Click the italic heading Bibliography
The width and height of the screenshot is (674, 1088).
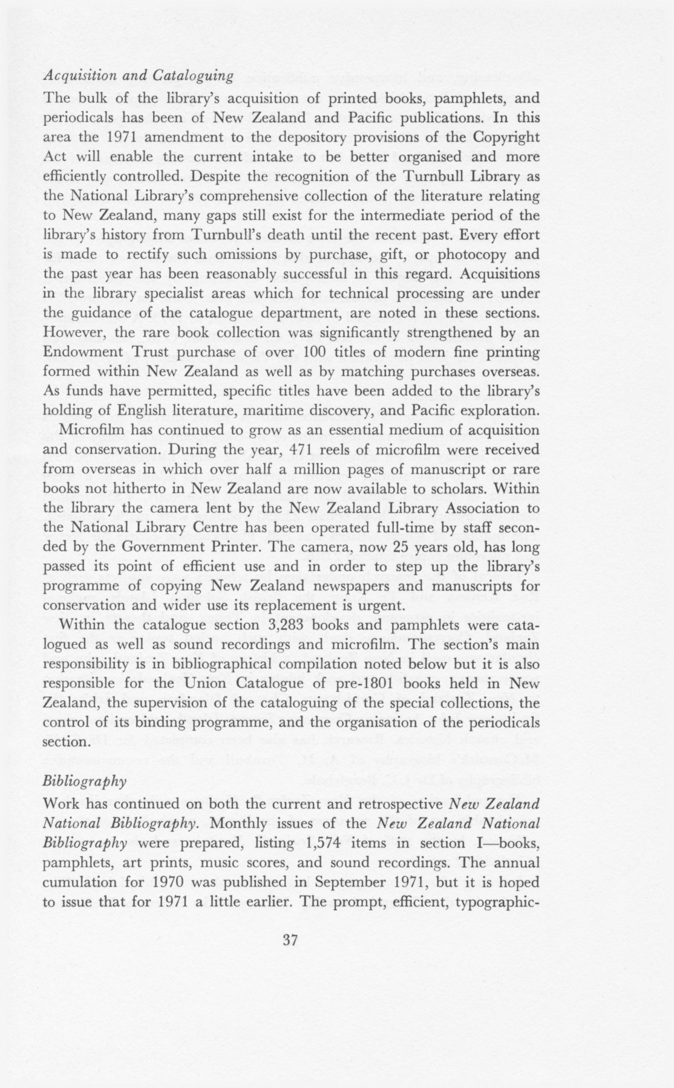(x=85, y=781)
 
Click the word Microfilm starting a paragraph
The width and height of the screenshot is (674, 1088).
(x=93, y=430)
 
